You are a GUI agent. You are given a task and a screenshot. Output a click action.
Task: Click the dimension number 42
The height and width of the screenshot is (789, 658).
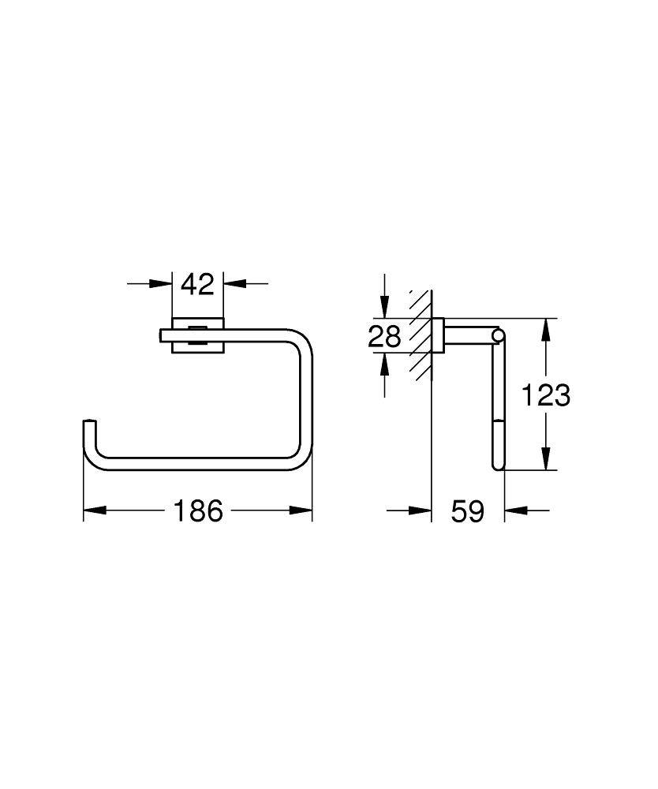[x=197, y=283]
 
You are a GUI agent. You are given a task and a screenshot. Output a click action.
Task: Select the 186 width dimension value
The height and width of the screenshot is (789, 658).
[x=198, y=511]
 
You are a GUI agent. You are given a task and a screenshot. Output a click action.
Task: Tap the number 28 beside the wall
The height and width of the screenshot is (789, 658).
[x=385, y=337]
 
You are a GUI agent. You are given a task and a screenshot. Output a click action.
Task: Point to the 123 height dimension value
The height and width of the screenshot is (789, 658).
[x=545, y=394]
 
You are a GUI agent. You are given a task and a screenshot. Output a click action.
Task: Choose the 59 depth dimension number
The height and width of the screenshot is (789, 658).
[x=467, y=511]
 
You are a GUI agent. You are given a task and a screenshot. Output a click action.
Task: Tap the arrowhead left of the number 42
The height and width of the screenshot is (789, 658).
[x=162, y=283]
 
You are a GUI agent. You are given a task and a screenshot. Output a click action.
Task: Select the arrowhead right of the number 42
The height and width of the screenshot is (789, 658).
[x=234, y=283]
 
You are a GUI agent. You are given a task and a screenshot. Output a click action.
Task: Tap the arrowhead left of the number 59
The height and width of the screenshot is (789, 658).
[x=421, y=511]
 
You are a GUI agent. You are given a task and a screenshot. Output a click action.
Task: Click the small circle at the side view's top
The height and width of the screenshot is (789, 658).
[x=497, y=338]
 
